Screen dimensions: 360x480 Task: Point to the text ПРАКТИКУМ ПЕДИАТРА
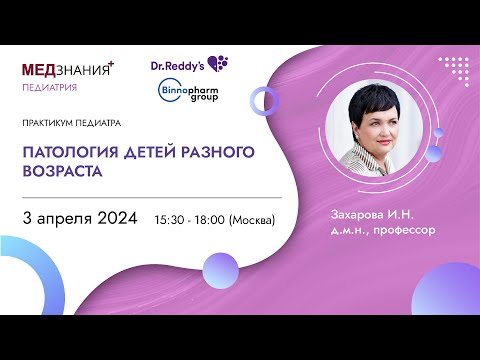(70, 125)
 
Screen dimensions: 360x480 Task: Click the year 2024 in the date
(117, 218)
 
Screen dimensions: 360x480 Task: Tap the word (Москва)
(252, 219)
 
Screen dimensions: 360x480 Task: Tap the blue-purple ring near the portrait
(266, 99)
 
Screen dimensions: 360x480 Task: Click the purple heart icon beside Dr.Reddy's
(218, 64)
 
